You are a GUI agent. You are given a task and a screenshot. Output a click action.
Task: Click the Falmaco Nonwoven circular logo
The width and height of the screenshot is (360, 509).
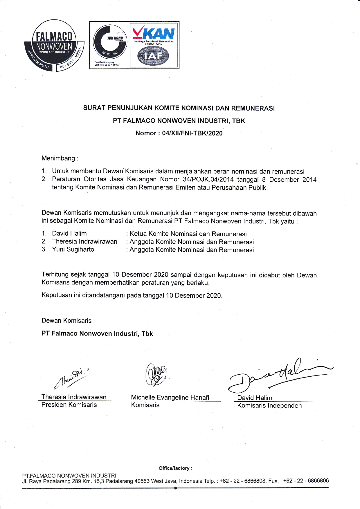[x=54, y=46]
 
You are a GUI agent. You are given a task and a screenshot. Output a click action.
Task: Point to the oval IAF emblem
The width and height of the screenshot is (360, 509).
[x=153, y=55]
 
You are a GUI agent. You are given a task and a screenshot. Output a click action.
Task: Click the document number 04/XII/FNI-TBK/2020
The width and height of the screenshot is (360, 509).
[x=192, y=133]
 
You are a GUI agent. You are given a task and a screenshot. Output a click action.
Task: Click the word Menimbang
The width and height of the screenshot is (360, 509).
[x=58, y=158]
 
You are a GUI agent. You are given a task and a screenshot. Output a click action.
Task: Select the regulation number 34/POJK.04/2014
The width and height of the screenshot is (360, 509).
[x=208, y=179]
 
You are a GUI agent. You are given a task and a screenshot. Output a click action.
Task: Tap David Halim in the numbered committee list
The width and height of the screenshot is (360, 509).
[x=69, y=233]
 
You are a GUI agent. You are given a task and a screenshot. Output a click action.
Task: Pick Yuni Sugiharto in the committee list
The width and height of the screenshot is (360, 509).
[x=73, y=249]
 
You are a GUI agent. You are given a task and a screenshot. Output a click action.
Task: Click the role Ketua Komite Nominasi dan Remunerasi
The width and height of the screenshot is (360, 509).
[x=188, y=234]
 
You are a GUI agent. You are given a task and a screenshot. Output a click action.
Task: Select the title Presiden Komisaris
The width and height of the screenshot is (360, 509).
[x=69, y=405]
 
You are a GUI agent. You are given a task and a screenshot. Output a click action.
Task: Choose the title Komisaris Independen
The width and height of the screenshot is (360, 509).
[x=269, y=405]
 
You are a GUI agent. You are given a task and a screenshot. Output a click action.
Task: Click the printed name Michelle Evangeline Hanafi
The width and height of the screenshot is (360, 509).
[x=170, y=397]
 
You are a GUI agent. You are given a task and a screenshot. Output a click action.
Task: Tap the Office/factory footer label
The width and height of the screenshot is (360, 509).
[x=175, y=468]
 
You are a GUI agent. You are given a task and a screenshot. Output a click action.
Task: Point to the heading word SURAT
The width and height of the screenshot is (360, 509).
[x=94, y=108]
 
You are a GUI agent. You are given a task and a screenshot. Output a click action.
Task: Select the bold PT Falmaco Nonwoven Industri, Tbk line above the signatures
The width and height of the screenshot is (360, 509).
[x=97, y=333]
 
